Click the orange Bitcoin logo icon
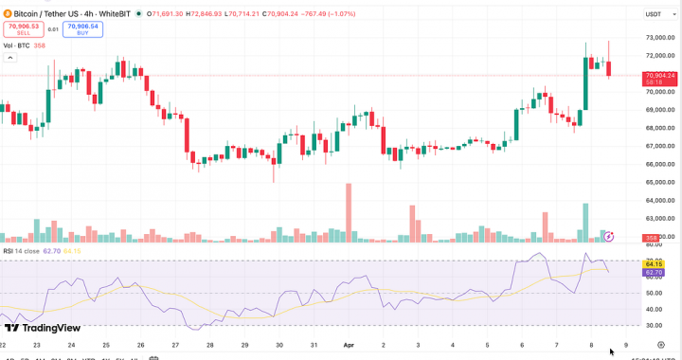7,14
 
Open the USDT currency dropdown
655,14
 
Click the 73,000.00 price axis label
659,38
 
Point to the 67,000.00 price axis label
659,146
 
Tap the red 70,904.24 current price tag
659,75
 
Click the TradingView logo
42,328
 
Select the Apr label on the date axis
348,347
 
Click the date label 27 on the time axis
175,347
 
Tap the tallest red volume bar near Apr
349,213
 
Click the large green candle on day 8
585,82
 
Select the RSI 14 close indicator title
21,251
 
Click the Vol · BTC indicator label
16,45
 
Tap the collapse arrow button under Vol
11,58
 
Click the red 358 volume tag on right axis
652,237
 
